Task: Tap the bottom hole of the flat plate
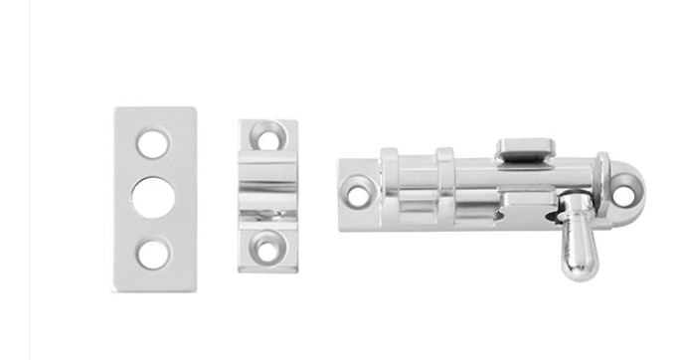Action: point(152,253)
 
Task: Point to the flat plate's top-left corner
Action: point(115,110)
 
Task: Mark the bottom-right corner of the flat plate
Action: point(194,288)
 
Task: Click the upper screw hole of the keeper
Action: point(266,134)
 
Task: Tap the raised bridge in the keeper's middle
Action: point(266,188)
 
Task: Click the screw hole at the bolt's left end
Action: point(359,185)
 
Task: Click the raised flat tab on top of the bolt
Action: point(526,150)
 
